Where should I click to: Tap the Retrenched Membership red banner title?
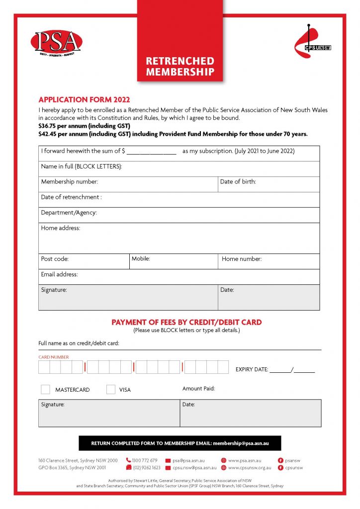pos(180,67)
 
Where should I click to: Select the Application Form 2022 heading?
pos(84,100)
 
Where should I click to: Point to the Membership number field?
pos(128,184)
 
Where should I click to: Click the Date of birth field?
pos(269,184)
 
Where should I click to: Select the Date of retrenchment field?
pos(179,200)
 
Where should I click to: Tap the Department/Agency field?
pos(179,215)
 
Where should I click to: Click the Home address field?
pos(179,239)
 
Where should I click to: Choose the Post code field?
pos(84,261)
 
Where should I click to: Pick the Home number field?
pos(269,261)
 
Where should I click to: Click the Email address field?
pos(179,277)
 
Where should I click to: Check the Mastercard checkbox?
pos(45,389)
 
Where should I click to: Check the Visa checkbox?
pos(111,389)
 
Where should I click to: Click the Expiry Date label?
pos(252,369)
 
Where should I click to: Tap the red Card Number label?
pos(54,357)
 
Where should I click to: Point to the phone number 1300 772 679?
pos(145,460)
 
